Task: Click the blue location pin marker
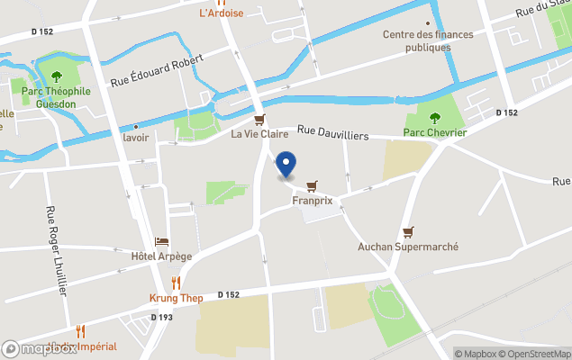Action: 286,164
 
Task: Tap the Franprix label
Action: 313,201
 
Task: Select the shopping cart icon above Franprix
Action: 312,186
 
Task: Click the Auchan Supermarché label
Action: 408,247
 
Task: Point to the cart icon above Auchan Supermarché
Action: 408,231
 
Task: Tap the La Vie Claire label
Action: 259,135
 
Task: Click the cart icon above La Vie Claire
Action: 259,120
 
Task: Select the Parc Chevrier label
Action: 434,132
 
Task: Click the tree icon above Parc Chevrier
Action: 434,117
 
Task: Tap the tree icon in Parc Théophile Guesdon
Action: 56,76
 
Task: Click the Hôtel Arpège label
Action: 162,256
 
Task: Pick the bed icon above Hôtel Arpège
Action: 162,242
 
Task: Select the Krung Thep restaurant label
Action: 175,298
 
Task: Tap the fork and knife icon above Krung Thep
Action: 175,283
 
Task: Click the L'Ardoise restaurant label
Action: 221,13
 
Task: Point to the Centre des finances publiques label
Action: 427,40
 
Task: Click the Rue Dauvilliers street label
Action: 333,134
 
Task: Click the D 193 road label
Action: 161,317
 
